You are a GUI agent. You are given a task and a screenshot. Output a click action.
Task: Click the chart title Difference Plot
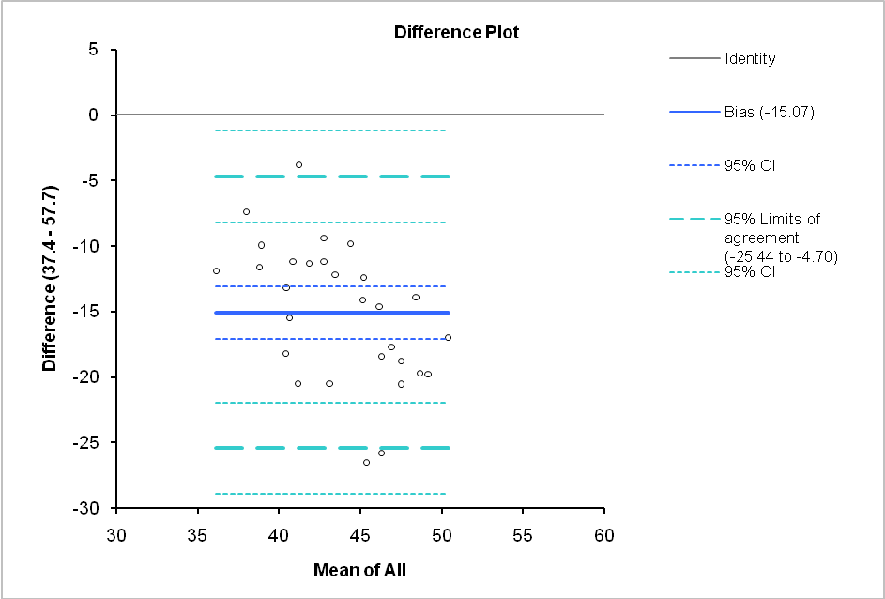[456, 32]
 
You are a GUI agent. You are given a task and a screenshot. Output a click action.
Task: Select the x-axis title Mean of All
[359, 569]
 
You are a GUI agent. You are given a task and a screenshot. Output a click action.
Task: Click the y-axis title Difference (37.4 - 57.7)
[49, 278]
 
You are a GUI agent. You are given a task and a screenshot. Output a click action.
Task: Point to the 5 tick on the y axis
[92, 50]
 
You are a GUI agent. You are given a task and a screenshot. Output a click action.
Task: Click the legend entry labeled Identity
[750, 59]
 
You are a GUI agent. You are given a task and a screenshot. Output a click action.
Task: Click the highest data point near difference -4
[299, 164]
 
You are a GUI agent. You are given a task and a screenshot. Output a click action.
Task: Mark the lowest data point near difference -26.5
[366, 462]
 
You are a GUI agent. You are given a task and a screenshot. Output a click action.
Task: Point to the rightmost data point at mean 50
[448, 337]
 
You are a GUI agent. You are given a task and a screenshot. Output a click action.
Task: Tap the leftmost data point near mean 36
[216, 270]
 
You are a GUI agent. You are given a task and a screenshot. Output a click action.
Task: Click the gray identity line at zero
[169, 115]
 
